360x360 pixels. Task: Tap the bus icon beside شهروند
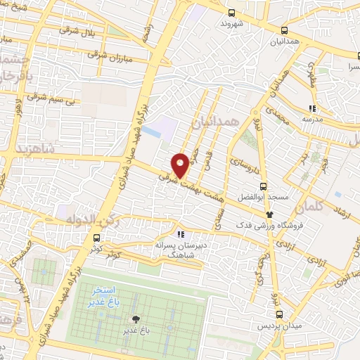(x=233, y=12)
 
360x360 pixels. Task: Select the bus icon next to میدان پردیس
(x=279, y=314)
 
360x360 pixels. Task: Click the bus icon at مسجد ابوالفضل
(x=262, y=186)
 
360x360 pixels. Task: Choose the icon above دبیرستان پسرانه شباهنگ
(x=181, y=235)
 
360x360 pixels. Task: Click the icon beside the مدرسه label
(x=311, y=108)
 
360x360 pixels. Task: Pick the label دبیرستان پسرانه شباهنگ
(x=181, y=252)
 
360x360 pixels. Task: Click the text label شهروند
(x=232, y=23)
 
